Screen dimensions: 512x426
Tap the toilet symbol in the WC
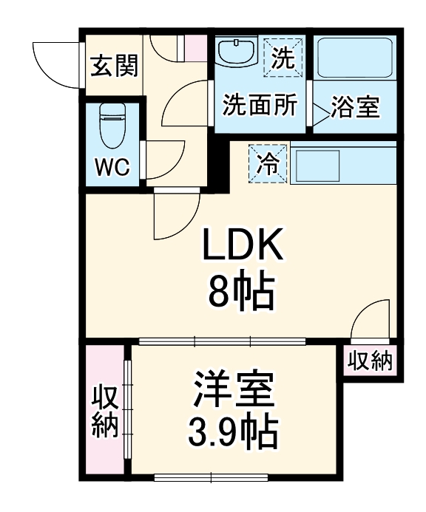coord(112,126)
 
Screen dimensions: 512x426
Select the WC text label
coord(112,167)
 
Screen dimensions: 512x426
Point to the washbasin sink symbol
coord(236,53)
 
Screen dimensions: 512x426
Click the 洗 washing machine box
coord(282,55)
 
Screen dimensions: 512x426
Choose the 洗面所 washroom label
coord(260,106)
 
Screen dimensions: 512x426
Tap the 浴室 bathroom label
coord(354,108)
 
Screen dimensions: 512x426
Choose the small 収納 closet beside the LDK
coord(370,362)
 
